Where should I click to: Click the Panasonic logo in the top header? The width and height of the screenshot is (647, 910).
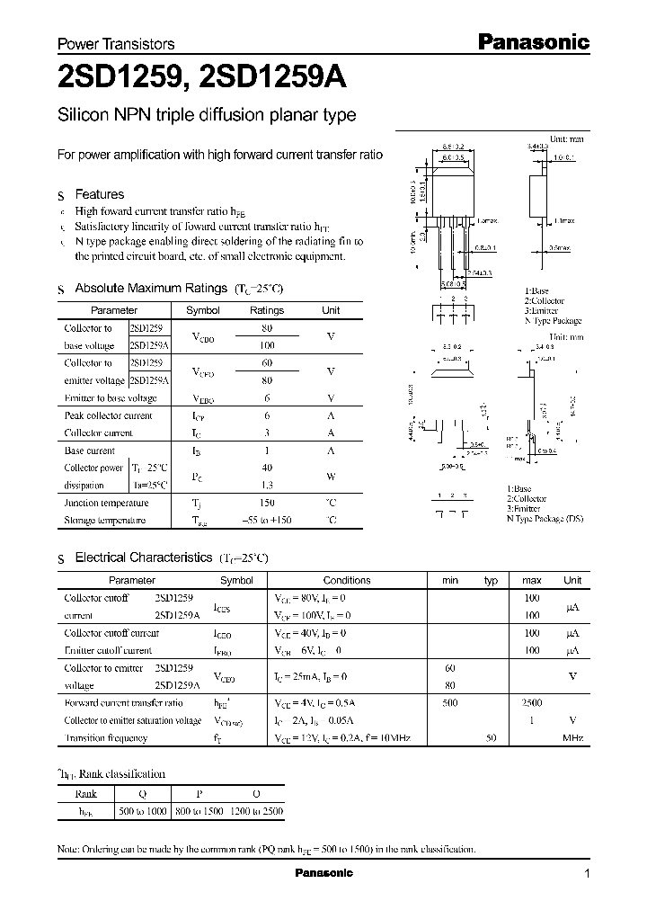532,41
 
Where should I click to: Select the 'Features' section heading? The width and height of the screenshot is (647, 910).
99,194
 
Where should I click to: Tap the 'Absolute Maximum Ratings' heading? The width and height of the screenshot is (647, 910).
150,289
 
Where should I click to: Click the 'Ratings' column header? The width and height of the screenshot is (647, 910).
266,310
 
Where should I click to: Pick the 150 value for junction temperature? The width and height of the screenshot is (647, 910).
266,504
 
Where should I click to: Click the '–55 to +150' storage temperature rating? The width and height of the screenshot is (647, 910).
266,521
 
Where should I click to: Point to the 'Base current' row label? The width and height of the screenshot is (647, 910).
90,451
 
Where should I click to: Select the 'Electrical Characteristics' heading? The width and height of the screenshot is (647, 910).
143,558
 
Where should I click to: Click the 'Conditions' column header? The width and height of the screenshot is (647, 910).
347,581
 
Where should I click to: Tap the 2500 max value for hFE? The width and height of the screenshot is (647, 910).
531,703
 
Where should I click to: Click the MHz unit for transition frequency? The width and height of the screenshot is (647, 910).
572,738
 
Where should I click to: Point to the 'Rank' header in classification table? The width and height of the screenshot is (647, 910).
86,794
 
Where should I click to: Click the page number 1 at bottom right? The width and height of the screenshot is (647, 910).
587,874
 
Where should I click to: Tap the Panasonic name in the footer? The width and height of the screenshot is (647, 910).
323,873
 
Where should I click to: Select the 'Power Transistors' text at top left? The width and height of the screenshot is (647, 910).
116,44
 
